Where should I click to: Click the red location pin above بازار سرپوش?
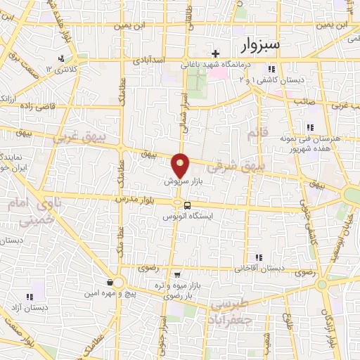pos(181,165)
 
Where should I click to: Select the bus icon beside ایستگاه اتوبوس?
pos(187,205)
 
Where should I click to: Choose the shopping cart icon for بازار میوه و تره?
pos(177,274)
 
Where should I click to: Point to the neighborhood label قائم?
pos(257,133)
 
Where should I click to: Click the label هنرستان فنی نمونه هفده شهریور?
pos(317,144)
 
